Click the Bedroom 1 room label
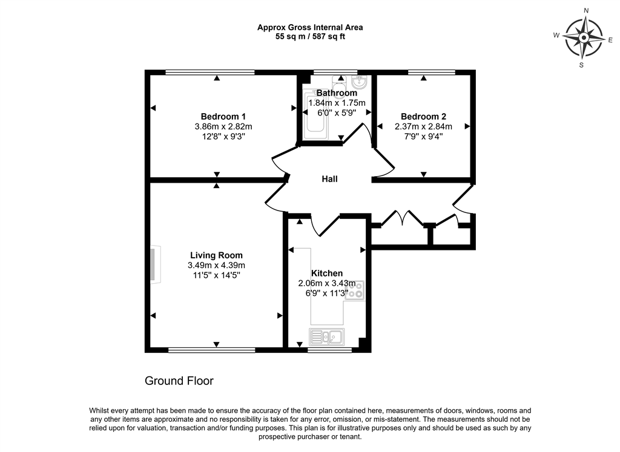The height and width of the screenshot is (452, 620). point(223,116)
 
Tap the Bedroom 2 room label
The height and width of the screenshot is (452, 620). point(423,116)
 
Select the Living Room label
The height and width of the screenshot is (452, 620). point(216,255)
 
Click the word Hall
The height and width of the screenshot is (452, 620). point(329,179)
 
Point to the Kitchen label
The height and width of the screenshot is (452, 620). point(327,273)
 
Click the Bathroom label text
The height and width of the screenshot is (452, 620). point(337,93)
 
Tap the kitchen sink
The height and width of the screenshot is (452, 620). point(327,336)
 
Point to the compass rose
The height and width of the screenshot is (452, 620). point(584,38)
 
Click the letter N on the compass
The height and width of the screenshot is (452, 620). point(585,11)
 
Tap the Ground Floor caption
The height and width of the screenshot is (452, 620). point(179,381)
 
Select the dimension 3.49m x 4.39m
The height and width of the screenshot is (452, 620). point(216,265)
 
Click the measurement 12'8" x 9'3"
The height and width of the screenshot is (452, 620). point(223,136)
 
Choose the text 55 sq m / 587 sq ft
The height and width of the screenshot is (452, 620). point(310,36)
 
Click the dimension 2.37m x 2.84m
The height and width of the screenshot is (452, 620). point(423,126)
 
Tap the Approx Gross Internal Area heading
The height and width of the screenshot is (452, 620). point(310,27)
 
